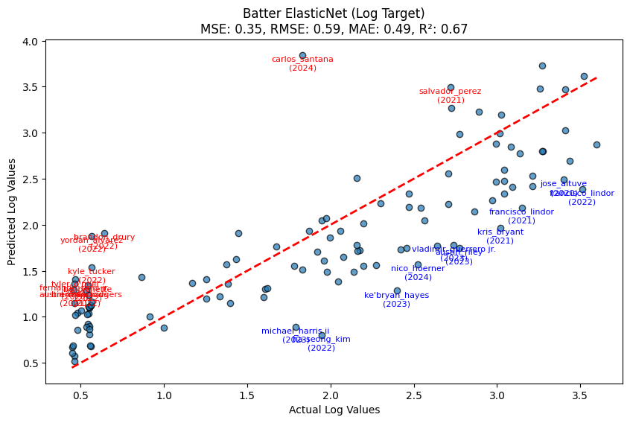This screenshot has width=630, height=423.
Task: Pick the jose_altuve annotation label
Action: tap(564, 183)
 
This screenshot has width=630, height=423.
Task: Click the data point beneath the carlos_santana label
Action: tap(302, 55)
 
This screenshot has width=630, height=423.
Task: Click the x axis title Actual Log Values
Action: tap(334, 410)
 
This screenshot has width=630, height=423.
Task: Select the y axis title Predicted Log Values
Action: tap(12, 212)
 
